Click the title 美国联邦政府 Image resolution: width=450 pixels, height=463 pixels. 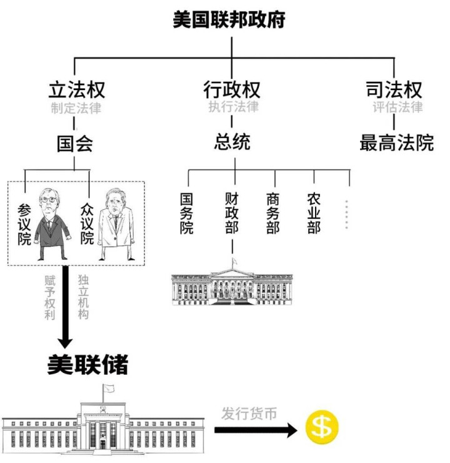tap(229, 20)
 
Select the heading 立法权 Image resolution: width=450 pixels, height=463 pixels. tap(77, 89)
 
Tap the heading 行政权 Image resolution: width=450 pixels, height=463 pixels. tap(232, 89)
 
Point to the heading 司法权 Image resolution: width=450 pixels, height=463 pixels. tap(394, 89)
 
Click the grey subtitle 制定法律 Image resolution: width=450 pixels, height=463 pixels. tap(76, 108)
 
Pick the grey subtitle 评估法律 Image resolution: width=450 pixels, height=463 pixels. tap(397, 107)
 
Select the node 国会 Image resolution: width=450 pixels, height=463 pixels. tap(75, 144)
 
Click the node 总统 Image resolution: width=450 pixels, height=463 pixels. tap(232, 142)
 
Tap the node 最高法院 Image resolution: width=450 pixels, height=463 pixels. tap(397, 143)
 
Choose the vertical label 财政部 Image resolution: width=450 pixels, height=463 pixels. tap(232, 213)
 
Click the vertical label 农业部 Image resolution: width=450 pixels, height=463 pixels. tap(314, 213)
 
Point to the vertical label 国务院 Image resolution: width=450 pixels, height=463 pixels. tap(187, 213)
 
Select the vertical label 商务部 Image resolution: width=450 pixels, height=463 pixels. tap(272, 213)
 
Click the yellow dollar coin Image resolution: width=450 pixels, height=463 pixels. tap(322, 427)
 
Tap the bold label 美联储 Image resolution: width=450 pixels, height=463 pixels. tap(87, 365)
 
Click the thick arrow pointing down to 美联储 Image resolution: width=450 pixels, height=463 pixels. tap(65, 307)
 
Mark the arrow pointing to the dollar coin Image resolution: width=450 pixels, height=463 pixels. tap(256, 430)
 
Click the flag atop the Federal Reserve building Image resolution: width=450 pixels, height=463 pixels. tap(108, 389)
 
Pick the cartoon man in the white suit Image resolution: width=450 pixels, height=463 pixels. tap(116, 225)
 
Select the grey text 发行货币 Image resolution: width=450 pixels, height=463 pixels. tap(249, 414)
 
